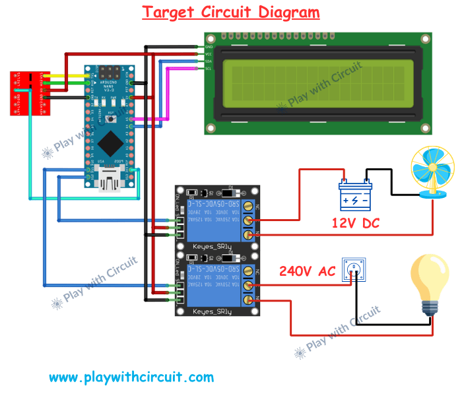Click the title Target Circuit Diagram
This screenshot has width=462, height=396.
231,12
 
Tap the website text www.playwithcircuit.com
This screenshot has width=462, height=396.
131,378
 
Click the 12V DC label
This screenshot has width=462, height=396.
356,223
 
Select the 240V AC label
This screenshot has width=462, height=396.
307,271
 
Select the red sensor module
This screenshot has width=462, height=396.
26,92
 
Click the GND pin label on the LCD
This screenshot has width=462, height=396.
209,48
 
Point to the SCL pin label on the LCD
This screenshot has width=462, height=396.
209,69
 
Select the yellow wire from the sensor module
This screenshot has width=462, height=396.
69,77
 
